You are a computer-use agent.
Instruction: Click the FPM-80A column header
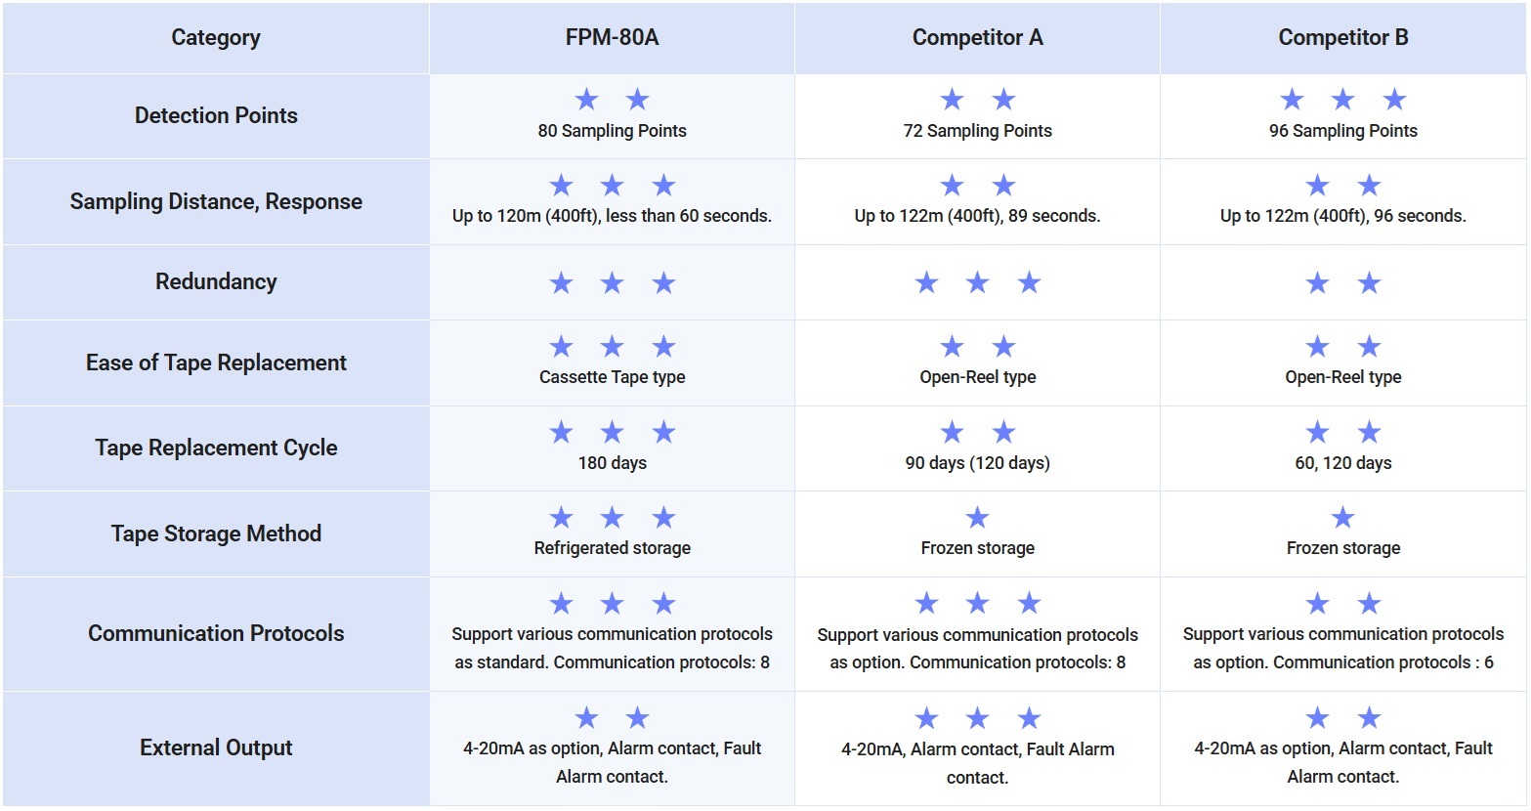(612, 38)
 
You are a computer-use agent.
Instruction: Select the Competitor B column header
(1342, 38)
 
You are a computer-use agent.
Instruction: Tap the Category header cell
(215, 38)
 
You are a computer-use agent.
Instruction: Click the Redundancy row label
(215, 282)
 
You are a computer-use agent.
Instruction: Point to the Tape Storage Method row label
(215, 534)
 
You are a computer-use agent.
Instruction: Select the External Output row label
(215, 747)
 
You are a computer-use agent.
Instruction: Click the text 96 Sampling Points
(1342, 131)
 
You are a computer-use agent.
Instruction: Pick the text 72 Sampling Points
(977, 131)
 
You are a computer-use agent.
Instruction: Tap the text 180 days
(612, 463)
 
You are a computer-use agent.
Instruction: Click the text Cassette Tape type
(612, 377)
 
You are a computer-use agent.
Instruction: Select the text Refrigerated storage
(612, 548)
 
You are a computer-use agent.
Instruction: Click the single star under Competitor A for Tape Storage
(977, 518)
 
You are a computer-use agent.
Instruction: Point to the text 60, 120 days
(1342, 463)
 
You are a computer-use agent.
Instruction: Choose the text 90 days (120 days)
(977, 463)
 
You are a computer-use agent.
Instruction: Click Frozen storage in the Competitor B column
(1342, 548)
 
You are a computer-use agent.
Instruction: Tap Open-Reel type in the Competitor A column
(977, 377)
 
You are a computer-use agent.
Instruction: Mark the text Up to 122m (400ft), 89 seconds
(977, 216)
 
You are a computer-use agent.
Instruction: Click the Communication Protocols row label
(215, 633)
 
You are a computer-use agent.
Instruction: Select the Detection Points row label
(215, 115)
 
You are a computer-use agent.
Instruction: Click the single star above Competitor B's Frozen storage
(1342, 518)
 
